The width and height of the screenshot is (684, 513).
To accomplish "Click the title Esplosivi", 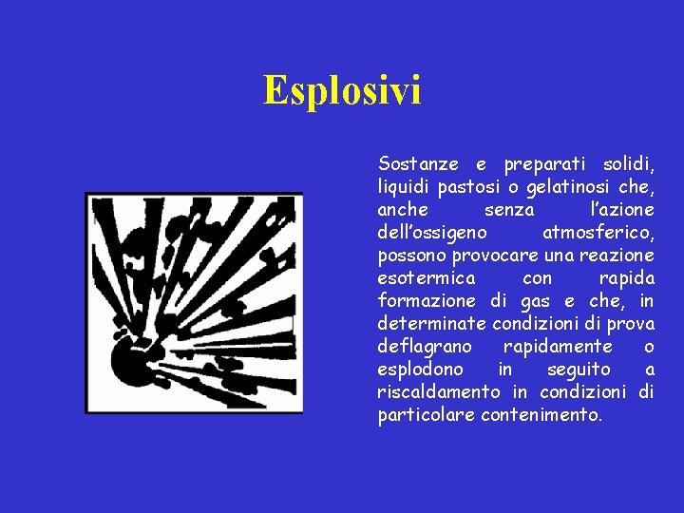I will (x=342, y=91).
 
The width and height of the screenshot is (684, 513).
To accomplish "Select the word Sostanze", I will (x=415, y=163).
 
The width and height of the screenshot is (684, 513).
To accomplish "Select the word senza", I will (x=509, y=209).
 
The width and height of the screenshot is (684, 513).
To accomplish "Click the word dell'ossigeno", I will (x=433, y=232).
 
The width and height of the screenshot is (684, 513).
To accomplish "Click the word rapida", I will (x=626, y=278).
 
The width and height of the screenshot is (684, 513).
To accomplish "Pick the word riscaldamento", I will (x=439, y=392).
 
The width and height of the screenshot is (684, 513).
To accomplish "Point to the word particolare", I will (x=426, y=415).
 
